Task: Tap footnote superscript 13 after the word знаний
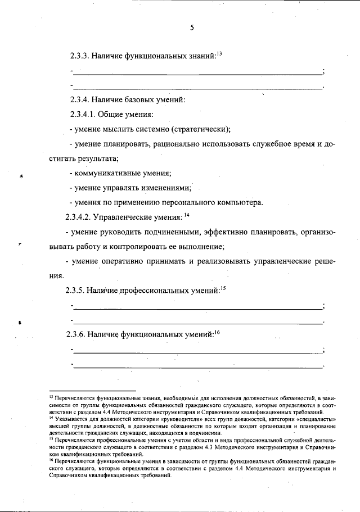click(x=219, y=53)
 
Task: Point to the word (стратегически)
click(x=200, y=129)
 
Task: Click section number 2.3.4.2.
click(x=78, y=216)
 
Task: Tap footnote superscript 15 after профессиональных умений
click(x=222, y=288)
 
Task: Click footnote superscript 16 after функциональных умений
click(x=216, y=332)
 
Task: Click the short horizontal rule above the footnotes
click(x=92, y=390)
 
